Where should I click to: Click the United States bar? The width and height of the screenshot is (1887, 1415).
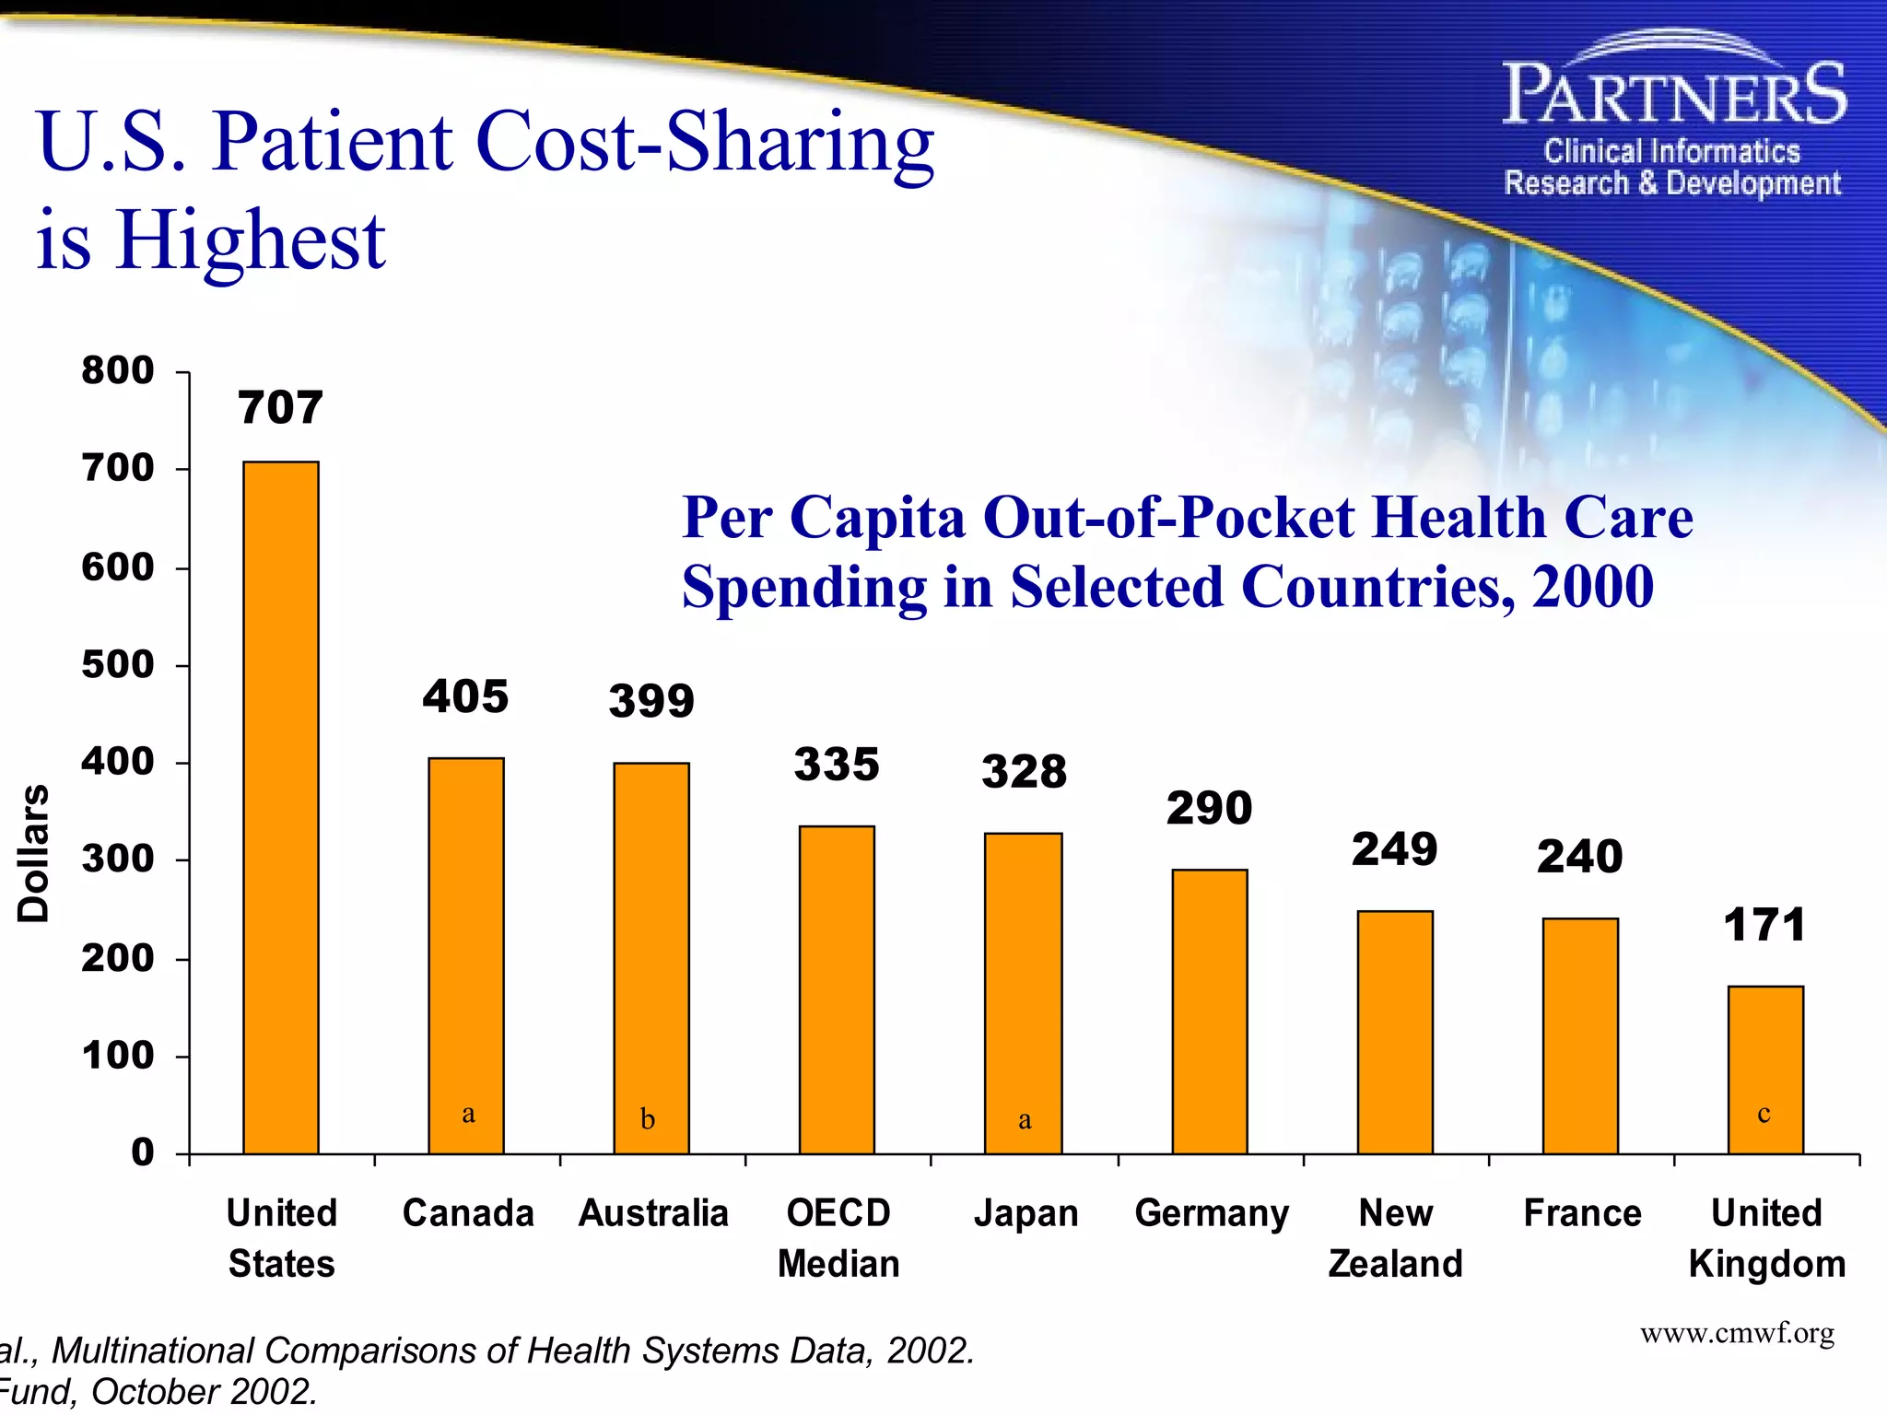click(281, 807)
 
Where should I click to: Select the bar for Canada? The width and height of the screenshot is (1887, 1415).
click(466, 955)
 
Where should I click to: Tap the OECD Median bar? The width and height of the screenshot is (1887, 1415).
click(837, 989)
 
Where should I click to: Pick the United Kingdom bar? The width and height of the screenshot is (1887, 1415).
click(1765, 1070)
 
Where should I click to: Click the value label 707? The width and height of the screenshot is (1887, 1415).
click(281, 407)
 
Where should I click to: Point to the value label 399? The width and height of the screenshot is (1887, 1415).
click(651, 701)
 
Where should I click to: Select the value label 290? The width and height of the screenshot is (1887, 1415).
click(1209, 809)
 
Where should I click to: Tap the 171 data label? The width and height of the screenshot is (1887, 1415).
click(1764, 925)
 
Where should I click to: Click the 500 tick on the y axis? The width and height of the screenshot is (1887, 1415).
click(118, 664)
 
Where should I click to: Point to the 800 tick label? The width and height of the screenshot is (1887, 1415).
click(118, 370)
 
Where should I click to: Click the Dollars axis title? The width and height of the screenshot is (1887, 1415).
click(34, 853)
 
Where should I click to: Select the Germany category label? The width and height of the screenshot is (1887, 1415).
click(1212, 1213)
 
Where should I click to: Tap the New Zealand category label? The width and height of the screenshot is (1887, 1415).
click(1395, 1238)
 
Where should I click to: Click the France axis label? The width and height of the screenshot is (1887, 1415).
click(1582, 1213)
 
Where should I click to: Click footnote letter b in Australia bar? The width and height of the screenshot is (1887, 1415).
click(648, 1119)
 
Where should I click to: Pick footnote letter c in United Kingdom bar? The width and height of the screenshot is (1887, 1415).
click(1764, 1114)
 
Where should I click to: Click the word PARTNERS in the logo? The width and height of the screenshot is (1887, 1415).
click(1673, 95)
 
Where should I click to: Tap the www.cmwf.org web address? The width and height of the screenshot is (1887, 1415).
click(1737, 1333)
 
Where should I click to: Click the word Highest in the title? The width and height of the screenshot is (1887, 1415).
click(251, 240)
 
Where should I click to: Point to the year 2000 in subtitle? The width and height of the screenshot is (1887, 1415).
click(1592, 587)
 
